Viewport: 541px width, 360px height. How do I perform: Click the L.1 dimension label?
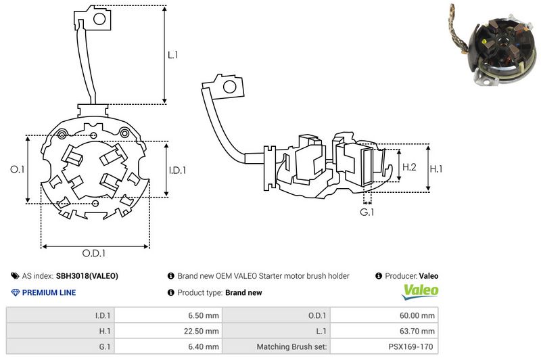[173, 55]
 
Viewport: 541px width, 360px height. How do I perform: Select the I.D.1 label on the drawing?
[177, 171]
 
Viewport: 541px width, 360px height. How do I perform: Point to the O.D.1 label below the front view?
[95, 253]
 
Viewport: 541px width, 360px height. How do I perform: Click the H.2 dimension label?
[409, 167]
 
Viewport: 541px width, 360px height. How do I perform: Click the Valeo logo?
[421, 292]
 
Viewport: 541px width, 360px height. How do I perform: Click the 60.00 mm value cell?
[419, 315]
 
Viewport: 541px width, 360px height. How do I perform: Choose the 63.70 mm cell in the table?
[419, 331]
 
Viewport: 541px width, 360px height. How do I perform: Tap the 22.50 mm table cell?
[202, 331]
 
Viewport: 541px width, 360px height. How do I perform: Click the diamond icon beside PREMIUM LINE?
[16, 293]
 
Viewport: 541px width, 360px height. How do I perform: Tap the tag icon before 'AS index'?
[15, 276]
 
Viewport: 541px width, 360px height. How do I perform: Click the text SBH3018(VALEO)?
[87, 276]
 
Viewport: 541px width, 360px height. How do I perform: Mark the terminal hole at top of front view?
[98, 19]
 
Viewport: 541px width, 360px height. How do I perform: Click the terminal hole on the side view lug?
[230, 86]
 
